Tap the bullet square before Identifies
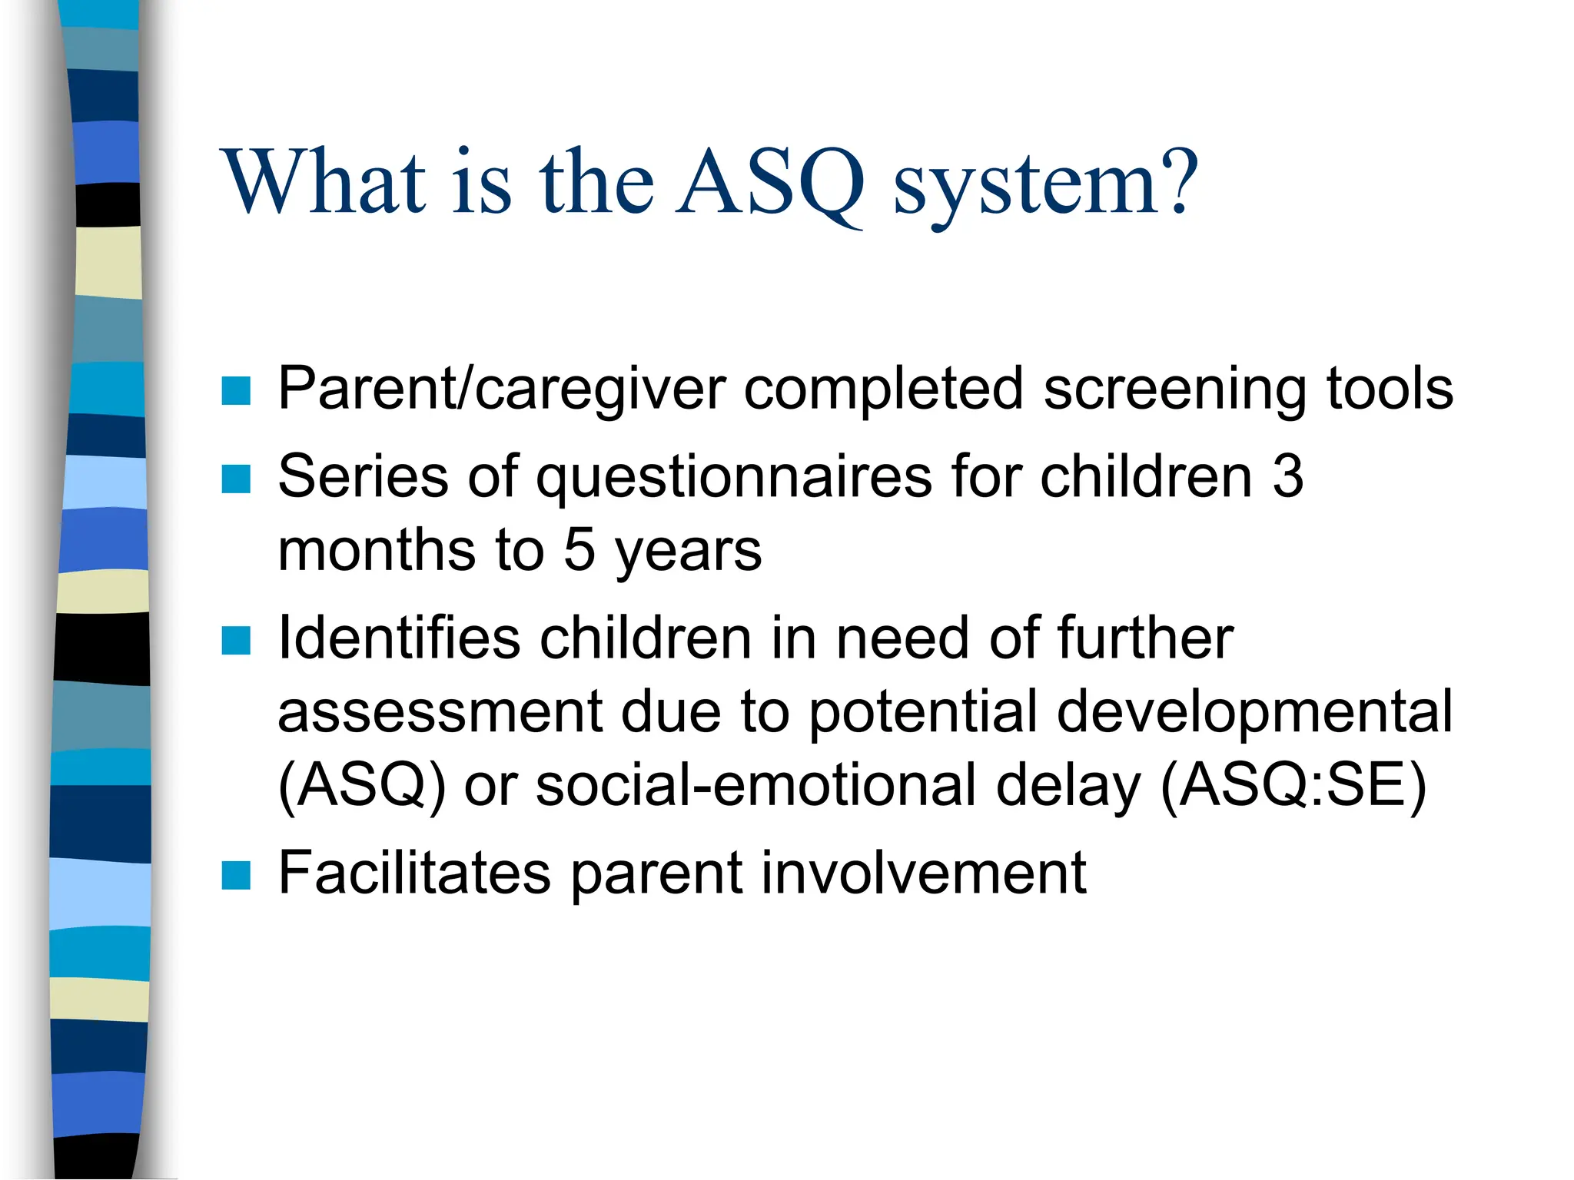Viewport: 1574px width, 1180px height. [236, 640]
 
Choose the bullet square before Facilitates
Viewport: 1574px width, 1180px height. [236, 875]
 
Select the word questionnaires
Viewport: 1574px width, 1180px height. [733, 479]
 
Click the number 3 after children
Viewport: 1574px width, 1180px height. [1288, 476]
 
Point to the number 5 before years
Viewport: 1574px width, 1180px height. [579, 550]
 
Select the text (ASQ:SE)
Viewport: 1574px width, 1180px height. [1293, 787]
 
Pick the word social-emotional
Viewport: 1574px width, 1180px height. [756, 787]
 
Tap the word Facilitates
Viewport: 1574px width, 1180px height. [414, 873]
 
